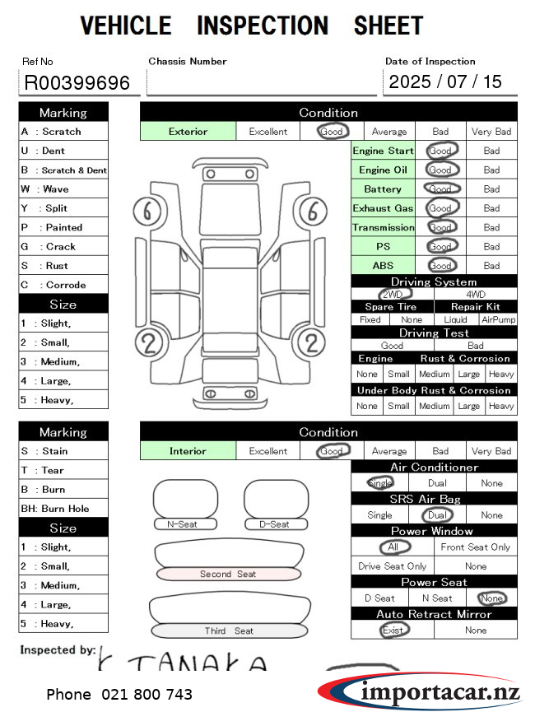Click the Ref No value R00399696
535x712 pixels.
[77, 82]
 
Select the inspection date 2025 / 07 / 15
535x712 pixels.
[445, 81]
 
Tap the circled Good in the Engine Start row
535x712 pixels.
[441, 151]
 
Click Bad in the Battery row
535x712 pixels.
[491, 189]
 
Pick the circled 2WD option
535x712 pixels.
[393, 294]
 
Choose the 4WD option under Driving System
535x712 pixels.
[476, 294]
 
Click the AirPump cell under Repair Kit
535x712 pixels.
[499, 319]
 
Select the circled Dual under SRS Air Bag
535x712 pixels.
[436, 515]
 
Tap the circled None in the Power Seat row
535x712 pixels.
[492, 598]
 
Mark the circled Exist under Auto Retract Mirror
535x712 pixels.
[393, 631]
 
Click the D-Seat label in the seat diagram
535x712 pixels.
[274, 524]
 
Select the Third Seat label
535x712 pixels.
[228, 631]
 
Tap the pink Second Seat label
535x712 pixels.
[228, 575]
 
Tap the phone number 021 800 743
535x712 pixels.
[119, 695]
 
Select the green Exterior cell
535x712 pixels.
[188, 132]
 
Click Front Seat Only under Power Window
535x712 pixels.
[475, 547]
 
